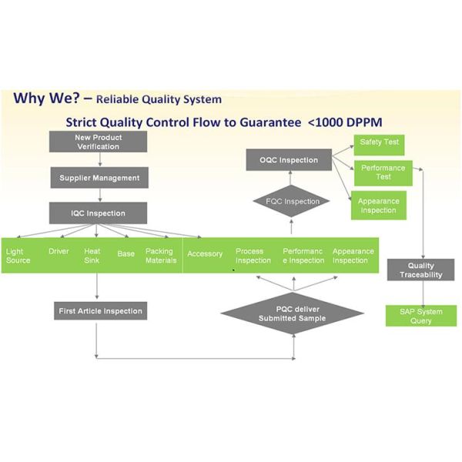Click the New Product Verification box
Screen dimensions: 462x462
pos(98,142)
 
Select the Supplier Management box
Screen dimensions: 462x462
pos(99,178)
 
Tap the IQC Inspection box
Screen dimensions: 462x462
pos(98,213)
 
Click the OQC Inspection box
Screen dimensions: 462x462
pos(288,160)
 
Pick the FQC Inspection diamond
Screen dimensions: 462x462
pos(291,202)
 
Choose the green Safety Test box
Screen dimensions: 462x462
pos(377,142)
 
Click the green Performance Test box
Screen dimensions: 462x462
pos(383,172)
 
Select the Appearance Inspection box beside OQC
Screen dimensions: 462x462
pos(378,206)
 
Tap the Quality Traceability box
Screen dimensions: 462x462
pos(421,269)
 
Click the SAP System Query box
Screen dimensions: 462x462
pos(421,316)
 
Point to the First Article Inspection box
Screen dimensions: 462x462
pos(100,311)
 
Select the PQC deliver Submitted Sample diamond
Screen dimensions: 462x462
pos(292,313)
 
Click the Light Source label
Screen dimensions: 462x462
pos(18,256)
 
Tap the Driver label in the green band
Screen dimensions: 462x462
pos(59,252)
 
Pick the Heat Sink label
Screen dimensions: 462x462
pos(92,256)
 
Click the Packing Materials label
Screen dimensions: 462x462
pos(160,256)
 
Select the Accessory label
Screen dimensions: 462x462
pos(205,254)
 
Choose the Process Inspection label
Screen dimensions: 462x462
pos(253,256)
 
